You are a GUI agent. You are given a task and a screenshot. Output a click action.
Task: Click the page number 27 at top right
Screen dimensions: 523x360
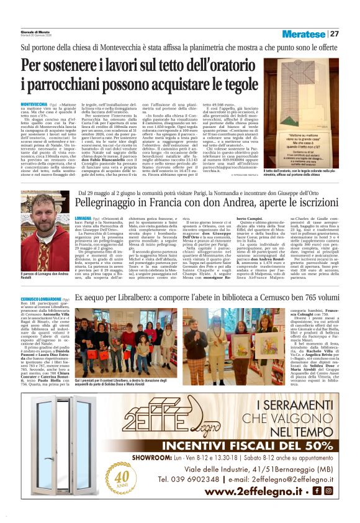pyautogui.click(x=335, y=34)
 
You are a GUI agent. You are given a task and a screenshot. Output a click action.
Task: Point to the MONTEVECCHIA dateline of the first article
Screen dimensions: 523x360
pyautogui.click(x=34, y=104)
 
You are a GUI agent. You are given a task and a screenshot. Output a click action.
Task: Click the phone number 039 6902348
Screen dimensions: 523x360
pyautogui.click(x=189, y=480)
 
